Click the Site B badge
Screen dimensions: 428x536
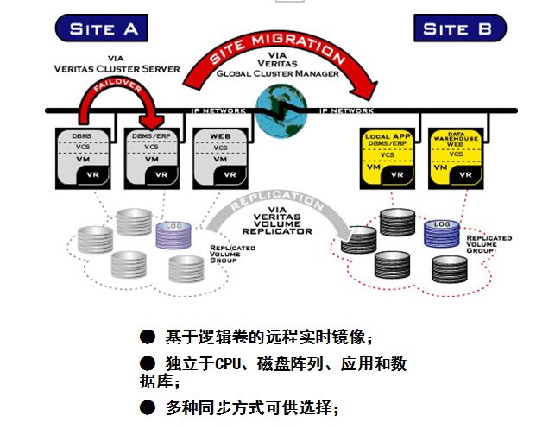[457, 28]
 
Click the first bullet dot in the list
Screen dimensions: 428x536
[148, 337]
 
